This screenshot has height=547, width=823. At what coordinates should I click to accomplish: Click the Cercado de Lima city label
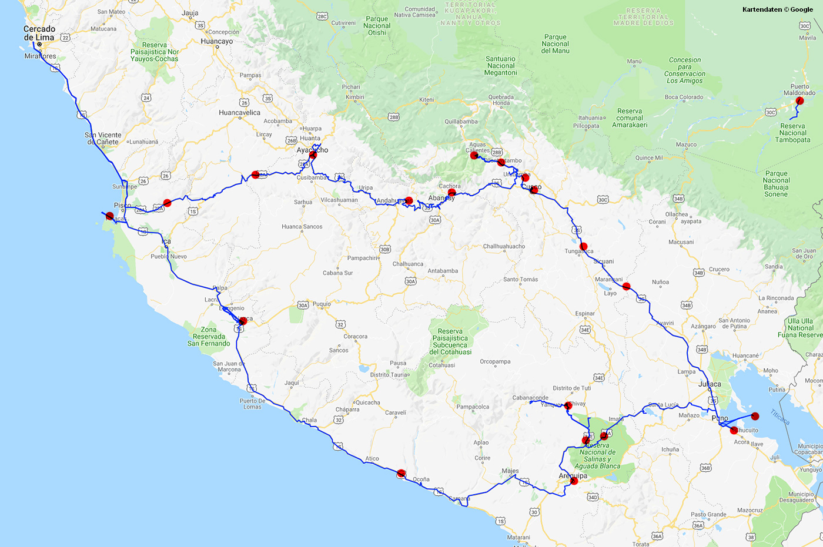tap(39, 33)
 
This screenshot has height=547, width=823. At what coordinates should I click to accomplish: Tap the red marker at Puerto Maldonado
tap(799, 100)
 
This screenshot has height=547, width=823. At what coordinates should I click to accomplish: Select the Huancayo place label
tap(216, 42)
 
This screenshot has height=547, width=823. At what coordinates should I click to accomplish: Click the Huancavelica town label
tap(239, 113)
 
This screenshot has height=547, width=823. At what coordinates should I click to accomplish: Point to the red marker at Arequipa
tap(574, 481)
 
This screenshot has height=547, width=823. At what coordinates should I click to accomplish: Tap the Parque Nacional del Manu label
tap(555, 44)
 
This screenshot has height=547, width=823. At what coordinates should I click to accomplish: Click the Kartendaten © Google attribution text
tap(777, 9)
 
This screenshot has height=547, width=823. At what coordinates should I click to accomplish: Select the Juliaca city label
tap(710, 384)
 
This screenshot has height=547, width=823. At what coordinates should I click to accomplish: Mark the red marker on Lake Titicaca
tap(755, 416)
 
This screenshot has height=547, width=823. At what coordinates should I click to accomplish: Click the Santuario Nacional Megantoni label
tap(500, 66)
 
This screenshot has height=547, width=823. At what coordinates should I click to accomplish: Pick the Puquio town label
tap(322, 304)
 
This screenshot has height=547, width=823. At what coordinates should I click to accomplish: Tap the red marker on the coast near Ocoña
tap(401, 473)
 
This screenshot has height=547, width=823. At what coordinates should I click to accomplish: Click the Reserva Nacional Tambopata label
tap(792, 133)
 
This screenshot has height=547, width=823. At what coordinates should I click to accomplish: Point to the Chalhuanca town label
tap(407, 264)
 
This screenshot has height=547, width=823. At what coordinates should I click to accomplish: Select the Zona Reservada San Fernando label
tap(209, 337)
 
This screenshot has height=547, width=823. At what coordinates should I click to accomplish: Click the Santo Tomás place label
tap(520, 280)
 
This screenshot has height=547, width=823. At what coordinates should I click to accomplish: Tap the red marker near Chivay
tap(568, 405)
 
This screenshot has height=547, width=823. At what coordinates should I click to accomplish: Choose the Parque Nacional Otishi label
tap(377, 26)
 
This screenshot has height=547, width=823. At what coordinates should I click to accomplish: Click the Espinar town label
tap(584, 314)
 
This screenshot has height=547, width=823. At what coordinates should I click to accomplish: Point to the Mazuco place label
tap(686, 145)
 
